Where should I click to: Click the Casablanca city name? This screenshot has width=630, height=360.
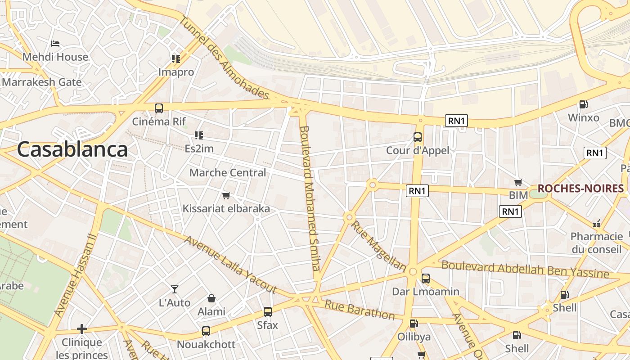(72, 149)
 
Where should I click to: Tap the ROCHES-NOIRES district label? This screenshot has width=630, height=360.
(580, 188)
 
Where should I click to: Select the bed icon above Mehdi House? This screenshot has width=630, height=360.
(55, 44)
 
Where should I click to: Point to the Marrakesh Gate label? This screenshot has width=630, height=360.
(42, 82)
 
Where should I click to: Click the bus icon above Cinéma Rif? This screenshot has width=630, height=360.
(159, 108)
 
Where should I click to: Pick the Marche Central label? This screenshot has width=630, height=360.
(228, 173)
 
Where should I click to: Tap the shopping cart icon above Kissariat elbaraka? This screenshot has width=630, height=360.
(226, 195)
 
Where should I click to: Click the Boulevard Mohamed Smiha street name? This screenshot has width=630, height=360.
(310, 198)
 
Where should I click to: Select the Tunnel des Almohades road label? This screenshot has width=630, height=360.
(224, 58)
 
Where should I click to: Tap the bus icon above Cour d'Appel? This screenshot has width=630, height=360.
(418, 137)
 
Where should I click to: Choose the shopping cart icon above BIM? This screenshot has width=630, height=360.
(518, 182)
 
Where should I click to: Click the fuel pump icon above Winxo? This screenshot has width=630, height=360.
(583, 104)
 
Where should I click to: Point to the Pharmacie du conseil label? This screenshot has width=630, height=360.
(597, 243)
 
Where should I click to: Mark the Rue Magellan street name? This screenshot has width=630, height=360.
(378, 246)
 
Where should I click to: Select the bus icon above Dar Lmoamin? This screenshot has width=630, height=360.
(426, 279)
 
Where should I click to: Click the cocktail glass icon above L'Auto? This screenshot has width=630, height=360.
(175, 289)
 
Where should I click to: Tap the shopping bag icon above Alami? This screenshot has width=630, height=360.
(211, 298)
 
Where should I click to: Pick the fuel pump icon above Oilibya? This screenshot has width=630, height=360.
(414, 323)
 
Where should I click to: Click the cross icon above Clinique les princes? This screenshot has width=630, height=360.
(81, 329)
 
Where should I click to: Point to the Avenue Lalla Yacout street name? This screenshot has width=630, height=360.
(229, 264)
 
